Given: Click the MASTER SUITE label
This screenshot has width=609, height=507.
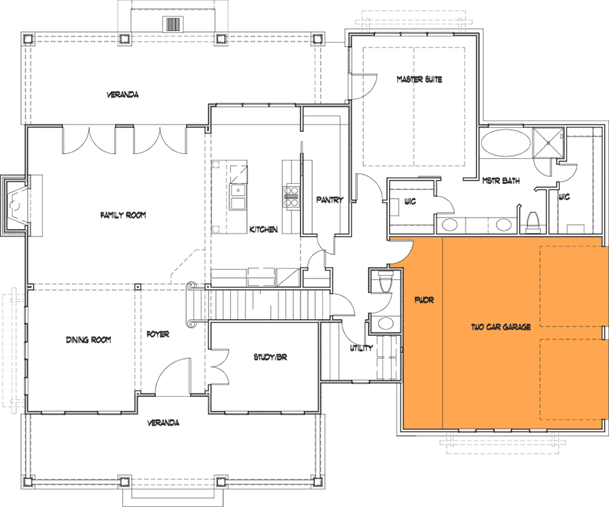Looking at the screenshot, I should (419, 80).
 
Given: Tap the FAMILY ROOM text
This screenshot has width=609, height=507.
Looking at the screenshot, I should (123, 216).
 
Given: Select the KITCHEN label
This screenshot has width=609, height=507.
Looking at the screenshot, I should (263, 230).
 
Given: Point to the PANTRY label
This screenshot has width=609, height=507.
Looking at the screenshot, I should (330, 200).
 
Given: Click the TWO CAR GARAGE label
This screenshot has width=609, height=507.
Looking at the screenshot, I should (500, 327).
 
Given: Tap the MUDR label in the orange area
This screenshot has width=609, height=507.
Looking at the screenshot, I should (424, 299).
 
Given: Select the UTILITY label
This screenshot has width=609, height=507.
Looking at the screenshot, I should (361, 348).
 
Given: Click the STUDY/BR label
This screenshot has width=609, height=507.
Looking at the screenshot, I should (271, 357).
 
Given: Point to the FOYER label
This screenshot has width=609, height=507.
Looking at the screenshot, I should (158, 335).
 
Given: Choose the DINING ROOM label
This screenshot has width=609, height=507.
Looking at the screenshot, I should (88, 339).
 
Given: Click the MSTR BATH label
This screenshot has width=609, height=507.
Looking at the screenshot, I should (500, 180).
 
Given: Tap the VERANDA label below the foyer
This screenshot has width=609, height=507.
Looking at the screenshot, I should (164, 423).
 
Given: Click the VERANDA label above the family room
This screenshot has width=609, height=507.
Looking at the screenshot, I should (122, 95).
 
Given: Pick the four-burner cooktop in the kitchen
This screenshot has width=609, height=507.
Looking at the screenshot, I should (291, 196).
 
